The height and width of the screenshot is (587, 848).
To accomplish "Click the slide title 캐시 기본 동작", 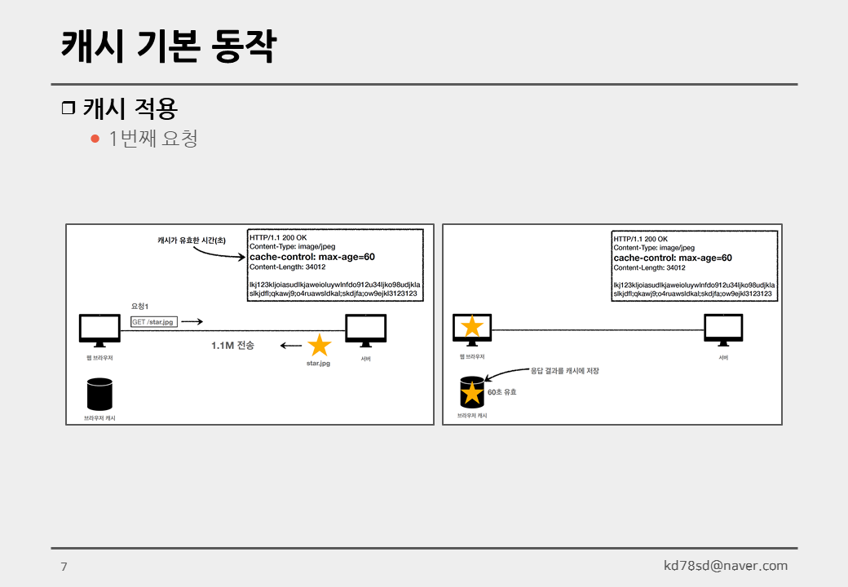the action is (x=168, y=46).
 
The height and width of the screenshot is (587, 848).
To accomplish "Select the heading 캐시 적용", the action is (x=130, y=108).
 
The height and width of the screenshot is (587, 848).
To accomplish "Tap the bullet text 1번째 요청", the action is (x=153, y=139).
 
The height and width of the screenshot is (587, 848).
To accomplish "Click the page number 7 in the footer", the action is (x=64, y=567).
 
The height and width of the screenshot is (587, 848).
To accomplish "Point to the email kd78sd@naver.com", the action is (x=725, y=565).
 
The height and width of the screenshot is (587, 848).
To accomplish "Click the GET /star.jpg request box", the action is (x=153, y=321).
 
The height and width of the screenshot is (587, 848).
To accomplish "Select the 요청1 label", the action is (x=139, y=307).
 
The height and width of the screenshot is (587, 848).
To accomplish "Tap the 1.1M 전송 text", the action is (x=232, y=346).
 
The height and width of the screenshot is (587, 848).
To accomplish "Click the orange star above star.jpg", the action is (x=319, y=345).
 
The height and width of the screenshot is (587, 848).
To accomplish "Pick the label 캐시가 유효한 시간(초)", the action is (x=192, y=241).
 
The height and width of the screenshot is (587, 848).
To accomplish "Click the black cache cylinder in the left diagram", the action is (x=99, y=394).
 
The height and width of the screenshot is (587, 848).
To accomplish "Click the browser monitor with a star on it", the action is (x=472, y=329).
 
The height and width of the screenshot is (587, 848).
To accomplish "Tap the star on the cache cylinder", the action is (x=472, y=393).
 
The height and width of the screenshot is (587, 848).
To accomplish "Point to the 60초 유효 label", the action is (x=502, y=392).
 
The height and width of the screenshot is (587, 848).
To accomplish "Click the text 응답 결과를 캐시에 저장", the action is (x=564, y=371).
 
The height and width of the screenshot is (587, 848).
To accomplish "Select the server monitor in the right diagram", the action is (x=723, y=330).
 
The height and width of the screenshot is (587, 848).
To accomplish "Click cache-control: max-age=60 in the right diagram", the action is (x=673, y=258).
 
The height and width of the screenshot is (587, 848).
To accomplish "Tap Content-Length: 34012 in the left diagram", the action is (x=287, y=267).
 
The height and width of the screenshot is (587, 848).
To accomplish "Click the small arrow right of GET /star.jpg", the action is (x=192, y=321).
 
